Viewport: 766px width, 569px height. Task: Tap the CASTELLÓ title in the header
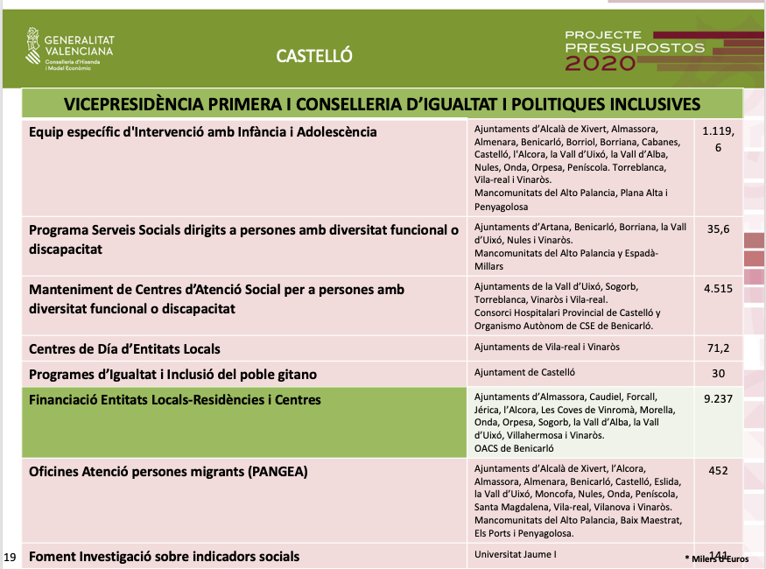[x=313, y=56]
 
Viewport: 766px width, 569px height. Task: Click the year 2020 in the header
[x=601, y=64]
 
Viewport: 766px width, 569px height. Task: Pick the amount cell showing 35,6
[x=718, y=229]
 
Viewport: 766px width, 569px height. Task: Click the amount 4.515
[x=718, y=288]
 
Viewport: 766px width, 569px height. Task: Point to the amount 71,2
[x=718, y=348]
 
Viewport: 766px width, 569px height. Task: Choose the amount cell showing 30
[x=718, y=373]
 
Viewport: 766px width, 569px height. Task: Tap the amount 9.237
[x=718, y=399]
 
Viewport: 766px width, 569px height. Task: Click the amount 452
[x=718, y=471]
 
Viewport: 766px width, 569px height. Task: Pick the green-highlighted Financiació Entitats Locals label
[x=175, y=400]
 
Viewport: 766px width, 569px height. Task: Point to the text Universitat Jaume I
[x=515, y=554]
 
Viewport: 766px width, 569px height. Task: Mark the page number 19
[x=10, y=557]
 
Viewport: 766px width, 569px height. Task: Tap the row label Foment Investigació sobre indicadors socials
[x=165, y=556]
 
